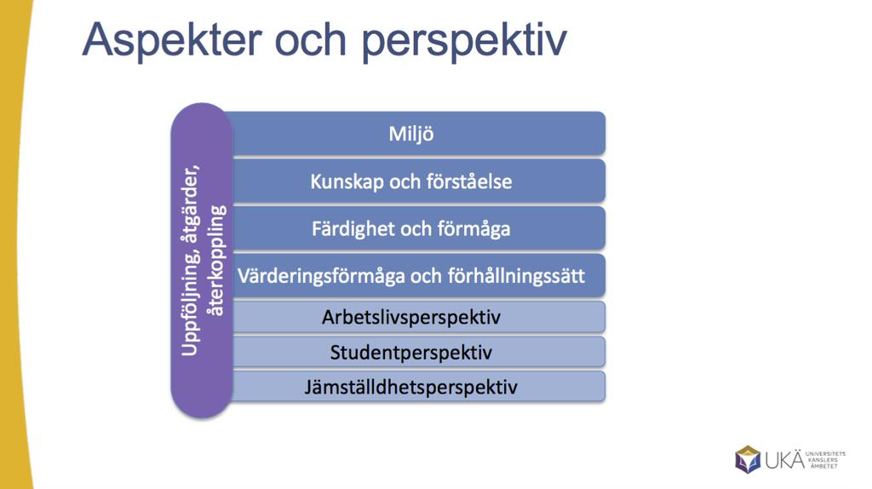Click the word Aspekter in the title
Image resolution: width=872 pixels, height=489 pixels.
(x=172, y=41)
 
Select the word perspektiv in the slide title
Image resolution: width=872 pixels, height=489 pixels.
(x=464, y=41)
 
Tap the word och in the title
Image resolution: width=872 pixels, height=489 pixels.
(x=311, y=39)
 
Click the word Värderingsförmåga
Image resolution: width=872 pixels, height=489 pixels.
(x=321, y=277)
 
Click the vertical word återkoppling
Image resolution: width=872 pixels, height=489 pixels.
(x=215, y=261)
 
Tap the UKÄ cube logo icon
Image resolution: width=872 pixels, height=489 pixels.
(x=748, y=459)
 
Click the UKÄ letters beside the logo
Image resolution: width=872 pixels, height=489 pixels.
(x=784, y=459)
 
